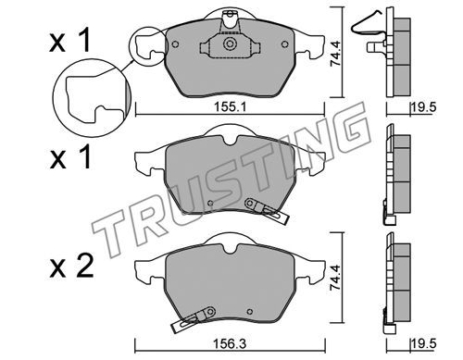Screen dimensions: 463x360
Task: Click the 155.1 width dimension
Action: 230,107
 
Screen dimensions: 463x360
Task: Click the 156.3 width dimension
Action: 231,344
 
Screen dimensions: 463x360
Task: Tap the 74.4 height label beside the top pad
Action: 335,54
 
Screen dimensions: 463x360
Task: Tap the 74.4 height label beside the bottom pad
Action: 335,278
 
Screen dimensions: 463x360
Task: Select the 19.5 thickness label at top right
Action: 423,107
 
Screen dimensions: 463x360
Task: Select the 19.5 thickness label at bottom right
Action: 423,344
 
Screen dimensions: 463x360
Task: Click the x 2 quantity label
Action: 71,267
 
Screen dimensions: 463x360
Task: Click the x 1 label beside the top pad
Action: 70,40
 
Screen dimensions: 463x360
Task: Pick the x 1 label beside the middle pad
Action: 70,156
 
